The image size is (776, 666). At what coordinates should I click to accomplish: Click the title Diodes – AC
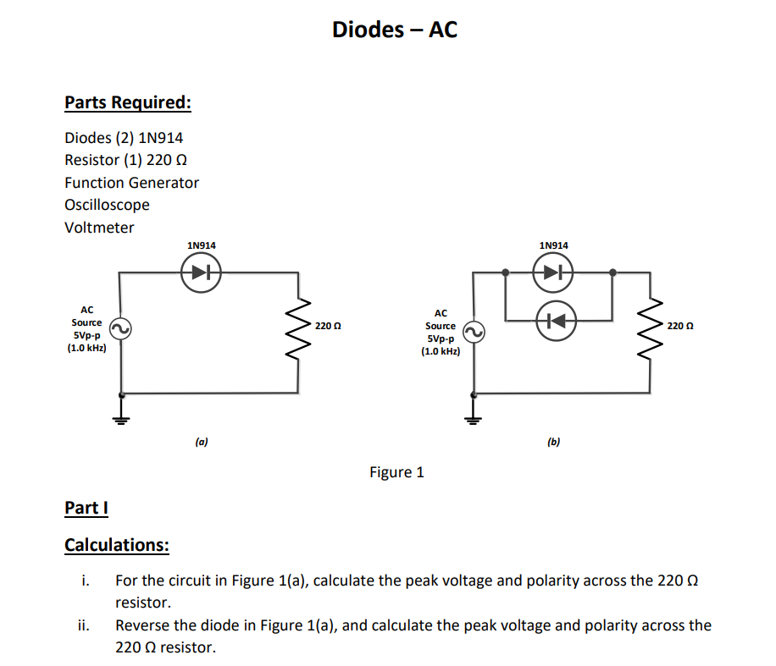(x=394, y=30)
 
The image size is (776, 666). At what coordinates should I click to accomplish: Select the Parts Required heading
(x=128, y=102)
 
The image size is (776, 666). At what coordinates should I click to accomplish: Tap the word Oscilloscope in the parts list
(x=107, y=205)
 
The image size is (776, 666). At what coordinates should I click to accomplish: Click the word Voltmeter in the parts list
(x=99, y=228)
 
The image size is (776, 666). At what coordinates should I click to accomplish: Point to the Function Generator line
(x=131, y=183)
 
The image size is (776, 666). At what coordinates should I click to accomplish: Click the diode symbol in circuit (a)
(x=201, y=272)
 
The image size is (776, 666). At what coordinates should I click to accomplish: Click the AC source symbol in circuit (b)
(x=474, y=333)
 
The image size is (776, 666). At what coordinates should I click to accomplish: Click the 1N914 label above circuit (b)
(x=553, y=245)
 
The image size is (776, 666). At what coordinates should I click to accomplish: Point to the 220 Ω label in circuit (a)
(x=327, y=326)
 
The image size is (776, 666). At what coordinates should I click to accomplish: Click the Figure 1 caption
(x=396, y=472)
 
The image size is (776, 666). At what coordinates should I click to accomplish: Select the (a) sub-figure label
(x=201, y=441)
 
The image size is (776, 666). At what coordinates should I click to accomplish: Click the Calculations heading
(x=117, y=544)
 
